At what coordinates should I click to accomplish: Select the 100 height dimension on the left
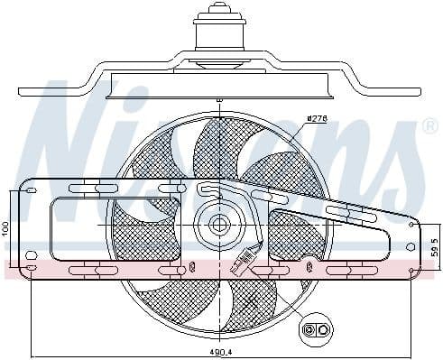pyautogui.click(x=5, y=229)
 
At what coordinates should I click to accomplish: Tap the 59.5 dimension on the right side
pyautogui.click(x=435, y=246)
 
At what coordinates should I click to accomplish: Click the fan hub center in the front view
pyautogui.click(x=218, y=225)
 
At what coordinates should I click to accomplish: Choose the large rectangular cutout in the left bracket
pyautogui.click(x=80, y=225)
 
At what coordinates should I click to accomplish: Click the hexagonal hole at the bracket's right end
pyautogui.click(x=411, y=245)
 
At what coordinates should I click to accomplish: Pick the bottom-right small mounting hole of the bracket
pyautogui.click(x=413, y=268)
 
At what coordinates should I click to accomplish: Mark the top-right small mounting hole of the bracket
pyautogui.click(x=411, y=225)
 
